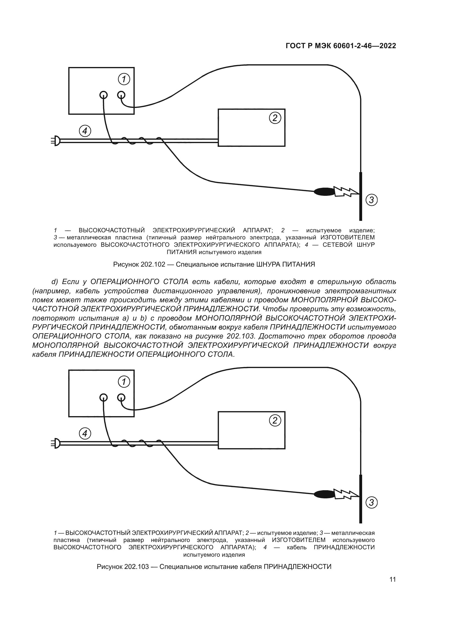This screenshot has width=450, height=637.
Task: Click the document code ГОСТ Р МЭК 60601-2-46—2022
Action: (341, 46)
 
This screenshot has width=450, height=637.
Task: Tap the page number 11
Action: (392, 579)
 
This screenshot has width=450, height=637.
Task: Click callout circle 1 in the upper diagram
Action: (124, 79)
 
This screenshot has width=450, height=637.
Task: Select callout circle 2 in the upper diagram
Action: (275, 118)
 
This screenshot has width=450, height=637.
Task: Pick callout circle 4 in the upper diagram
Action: (85, 131)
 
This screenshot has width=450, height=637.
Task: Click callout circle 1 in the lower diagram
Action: (124, 382)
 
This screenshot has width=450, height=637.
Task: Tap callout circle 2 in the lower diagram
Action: (275, 421)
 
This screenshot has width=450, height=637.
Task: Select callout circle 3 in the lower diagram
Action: (371, 502)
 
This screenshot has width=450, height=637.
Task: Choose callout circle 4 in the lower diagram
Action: (85, 433)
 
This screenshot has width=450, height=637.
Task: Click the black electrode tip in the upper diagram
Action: (324, 191)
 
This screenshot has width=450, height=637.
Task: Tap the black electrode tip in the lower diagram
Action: (324, 494)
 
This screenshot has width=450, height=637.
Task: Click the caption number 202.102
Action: (153, 264)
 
